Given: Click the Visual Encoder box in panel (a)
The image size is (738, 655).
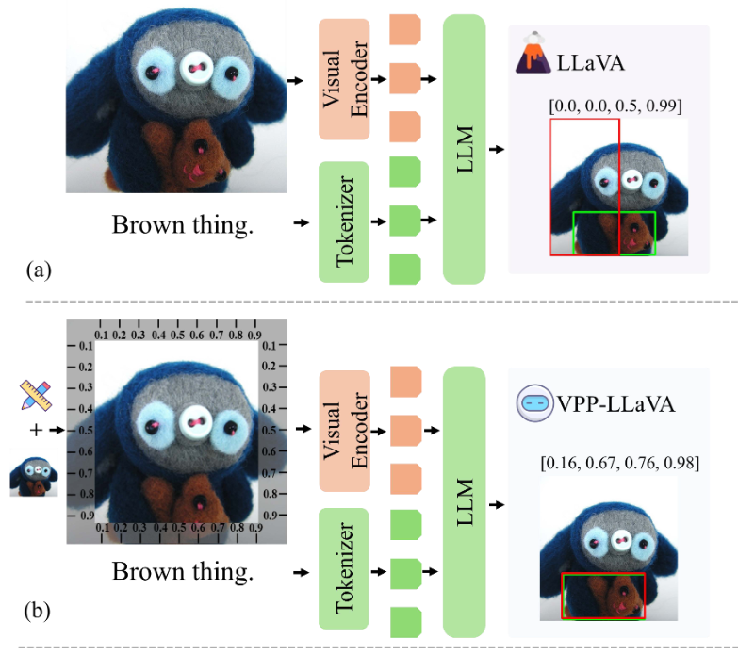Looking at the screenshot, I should coord(348,84).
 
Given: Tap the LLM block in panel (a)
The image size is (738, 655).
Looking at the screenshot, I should coord(464,149).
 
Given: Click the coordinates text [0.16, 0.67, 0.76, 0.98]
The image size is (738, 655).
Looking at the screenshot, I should coord(618,464).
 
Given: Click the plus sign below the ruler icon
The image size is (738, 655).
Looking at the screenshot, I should coord(35,431).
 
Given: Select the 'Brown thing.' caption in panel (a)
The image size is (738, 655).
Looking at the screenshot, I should coord(183,225).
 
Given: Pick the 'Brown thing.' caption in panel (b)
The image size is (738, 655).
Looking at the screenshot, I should coord(183,572).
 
